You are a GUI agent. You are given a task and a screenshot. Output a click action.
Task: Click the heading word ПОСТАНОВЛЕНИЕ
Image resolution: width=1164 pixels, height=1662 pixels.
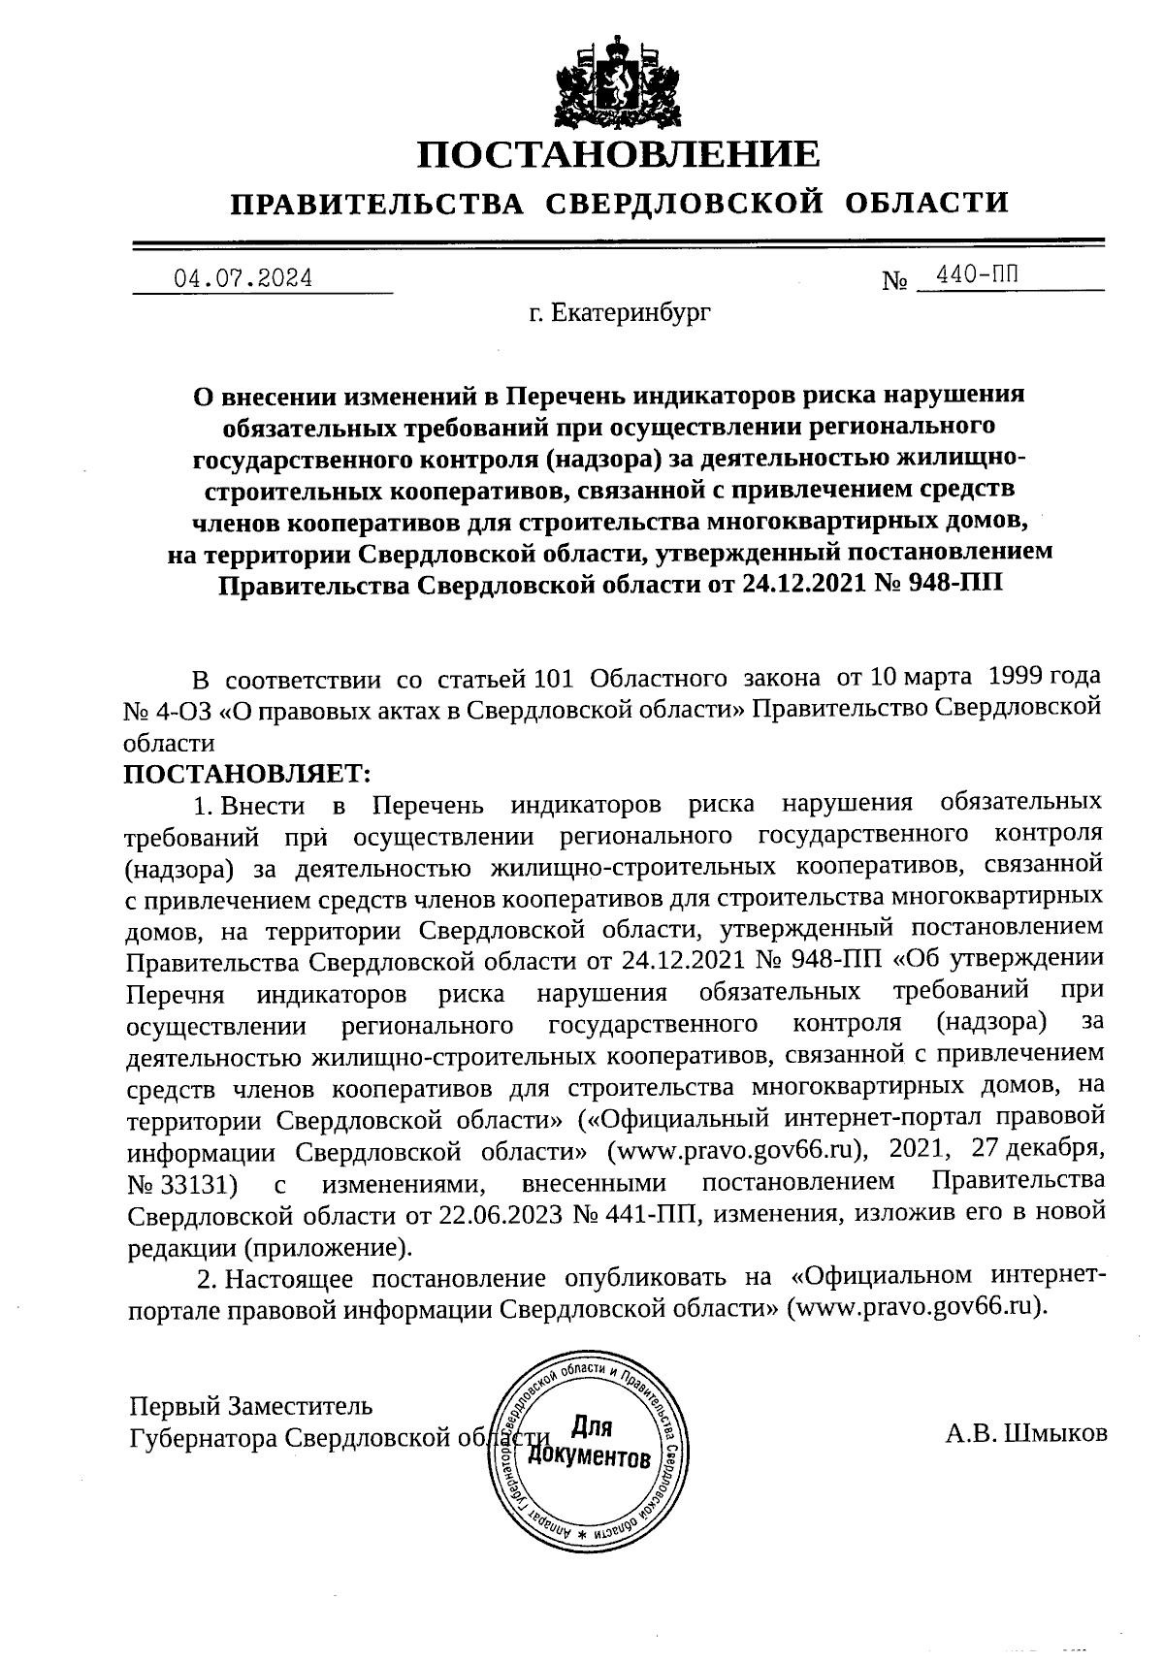tap(619, 154)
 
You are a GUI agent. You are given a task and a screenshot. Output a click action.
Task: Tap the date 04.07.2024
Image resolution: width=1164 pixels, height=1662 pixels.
tap(243, 279)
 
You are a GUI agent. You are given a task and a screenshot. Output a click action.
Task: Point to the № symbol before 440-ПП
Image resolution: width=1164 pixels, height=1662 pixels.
tap(894, 282)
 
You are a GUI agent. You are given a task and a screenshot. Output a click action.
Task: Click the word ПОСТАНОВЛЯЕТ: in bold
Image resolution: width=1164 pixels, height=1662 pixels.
tap(247, 774)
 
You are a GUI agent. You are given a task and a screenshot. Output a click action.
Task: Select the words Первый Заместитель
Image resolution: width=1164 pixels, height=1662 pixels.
tap(250, 1405)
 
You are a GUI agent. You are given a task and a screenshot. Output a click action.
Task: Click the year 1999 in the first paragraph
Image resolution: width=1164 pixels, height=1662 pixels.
tap(1020, 676)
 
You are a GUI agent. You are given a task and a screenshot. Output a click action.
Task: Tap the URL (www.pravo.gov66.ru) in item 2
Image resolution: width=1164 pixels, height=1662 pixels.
tap(918, 1306)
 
